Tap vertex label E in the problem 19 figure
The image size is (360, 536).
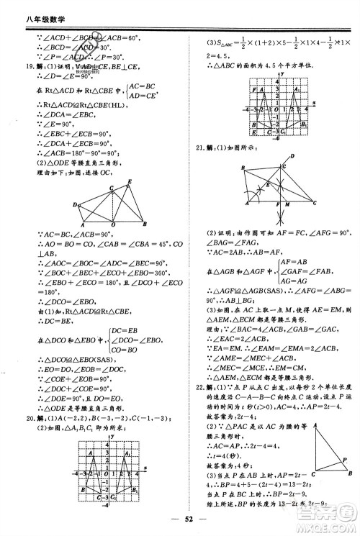[x=130, y=181]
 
